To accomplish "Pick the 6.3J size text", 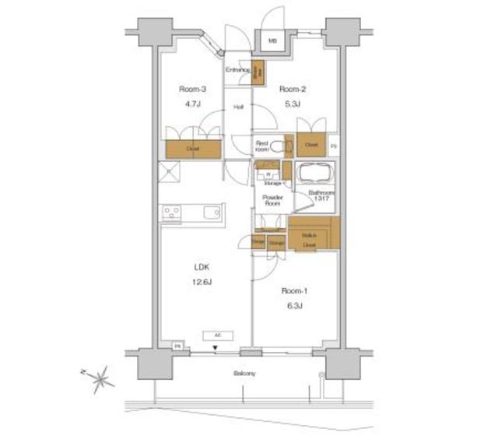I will [x=293, y=305].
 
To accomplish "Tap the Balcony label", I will [x=244, y=374].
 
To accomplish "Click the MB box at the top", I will [x=272, y=41].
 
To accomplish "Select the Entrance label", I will [x=237, y=71].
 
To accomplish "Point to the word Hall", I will [x=238, y=107].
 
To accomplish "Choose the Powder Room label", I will [x=272, y=202].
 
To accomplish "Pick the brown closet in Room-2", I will [x=311, y=145].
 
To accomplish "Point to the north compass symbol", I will [x=100, y=380].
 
